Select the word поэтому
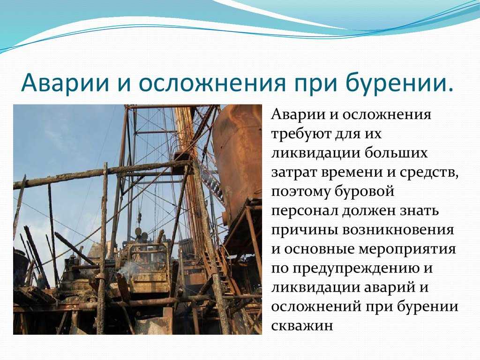pyautogui.click(x=300, y=192)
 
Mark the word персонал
pyautogui.click(x=304, y=211)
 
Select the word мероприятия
pyautogui.click(x=407, y=250)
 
